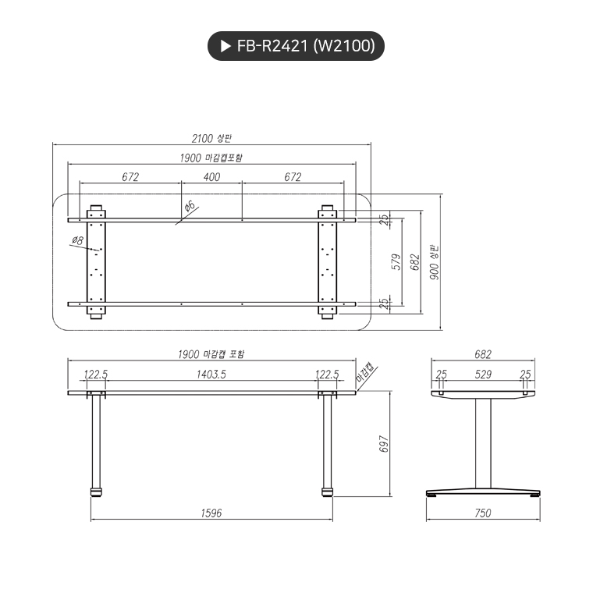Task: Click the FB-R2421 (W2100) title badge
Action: coord(296,47)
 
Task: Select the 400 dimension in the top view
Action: coord(211,177)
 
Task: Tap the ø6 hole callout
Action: coord(189,207)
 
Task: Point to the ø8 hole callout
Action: coord(77,240)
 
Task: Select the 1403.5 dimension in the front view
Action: coord(211,375)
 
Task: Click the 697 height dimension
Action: coord(384,444)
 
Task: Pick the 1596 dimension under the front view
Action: coord(211,513)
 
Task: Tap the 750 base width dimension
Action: coord(483,513)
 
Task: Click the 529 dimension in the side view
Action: coord(483,375)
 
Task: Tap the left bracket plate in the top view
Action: coord(97,262)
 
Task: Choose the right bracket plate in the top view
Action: coord(328,262)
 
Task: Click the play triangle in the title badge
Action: coord(226,47)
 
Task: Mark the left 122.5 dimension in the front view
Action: coord(95,375)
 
